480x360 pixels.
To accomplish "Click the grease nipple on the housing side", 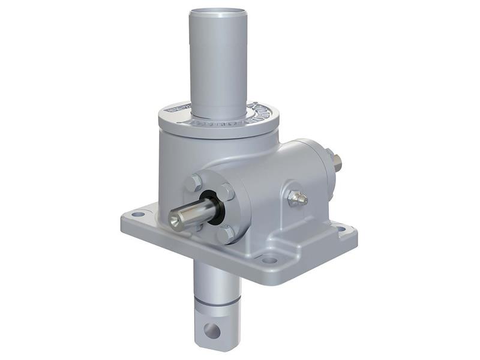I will coord(297,197).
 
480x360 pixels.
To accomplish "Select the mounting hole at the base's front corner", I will coord(269,260).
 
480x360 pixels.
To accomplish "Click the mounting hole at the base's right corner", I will coord(340,229).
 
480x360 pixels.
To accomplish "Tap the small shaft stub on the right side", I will coord(338,160).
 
